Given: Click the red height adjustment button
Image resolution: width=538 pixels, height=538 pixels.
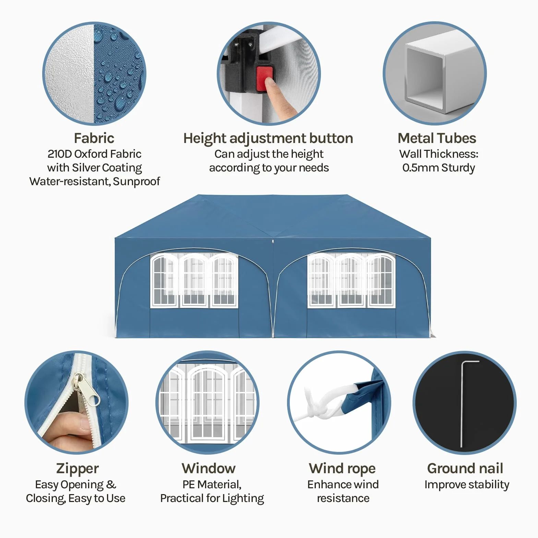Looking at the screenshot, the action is click(264, 79).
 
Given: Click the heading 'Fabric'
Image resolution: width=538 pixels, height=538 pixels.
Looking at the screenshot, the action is click(94, 138).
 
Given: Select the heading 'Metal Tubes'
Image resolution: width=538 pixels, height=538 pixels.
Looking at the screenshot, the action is click(437, 138).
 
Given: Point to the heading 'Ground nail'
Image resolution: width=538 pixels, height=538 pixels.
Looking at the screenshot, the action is click(465, 468).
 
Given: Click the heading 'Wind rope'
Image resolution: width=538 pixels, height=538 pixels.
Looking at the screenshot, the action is click(342, 468).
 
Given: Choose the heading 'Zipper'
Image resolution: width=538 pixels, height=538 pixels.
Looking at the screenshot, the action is click(77, 469).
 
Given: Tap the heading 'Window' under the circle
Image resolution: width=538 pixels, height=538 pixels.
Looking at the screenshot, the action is click(209, 468).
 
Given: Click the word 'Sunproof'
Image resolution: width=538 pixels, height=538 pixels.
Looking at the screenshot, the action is click(136, 181).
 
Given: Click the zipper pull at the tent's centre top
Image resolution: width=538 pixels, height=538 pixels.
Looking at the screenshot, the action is click(273, 241).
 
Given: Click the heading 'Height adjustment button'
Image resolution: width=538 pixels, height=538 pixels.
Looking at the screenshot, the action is click(268, 139).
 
